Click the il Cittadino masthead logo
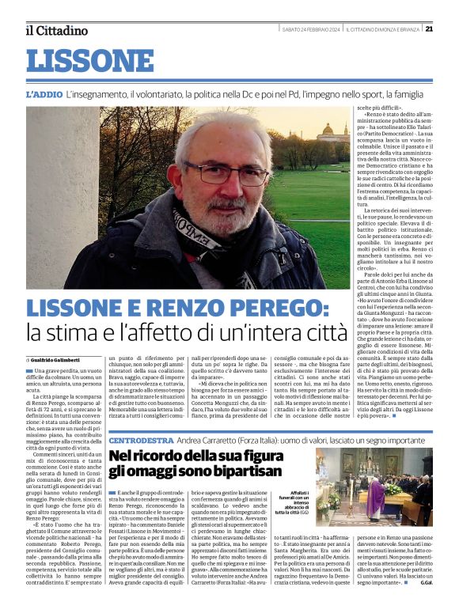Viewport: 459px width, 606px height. (55, 30)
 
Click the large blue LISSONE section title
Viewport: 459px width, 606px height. (89, 61)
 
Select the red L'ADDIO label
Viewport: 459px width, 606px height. (44, 94)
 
